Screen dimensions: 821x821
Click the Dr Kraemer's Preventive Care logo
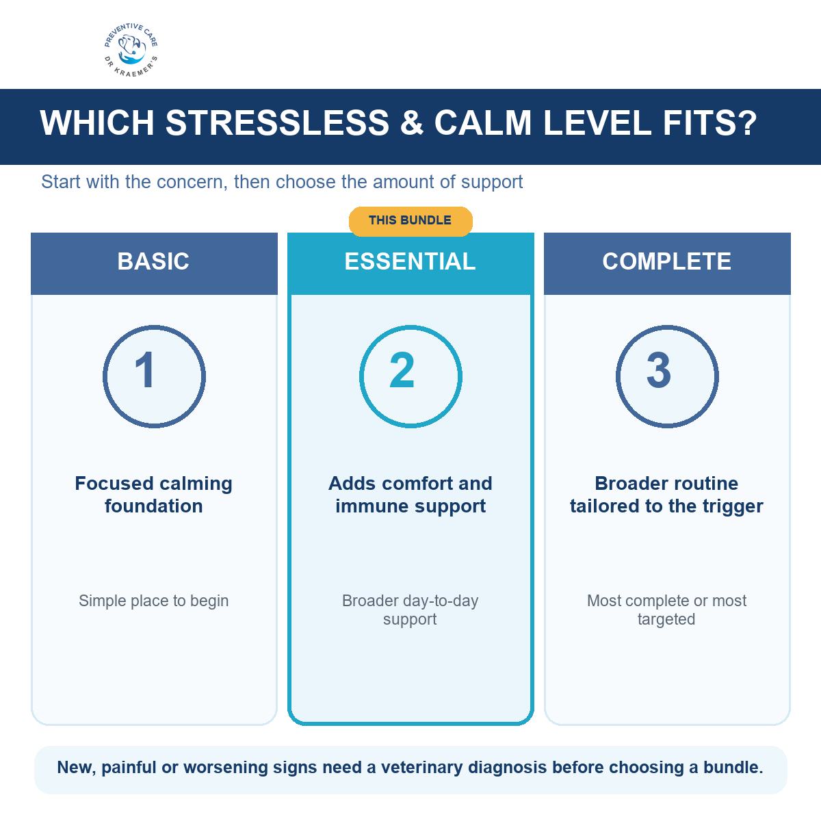click(131, 50)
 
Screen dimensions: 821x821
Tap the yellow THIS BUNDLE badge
click(410, 221)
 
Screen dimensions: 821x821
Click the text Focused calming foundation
click(154, 495)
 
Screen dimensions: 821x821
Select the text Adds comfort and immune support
click(410, 495)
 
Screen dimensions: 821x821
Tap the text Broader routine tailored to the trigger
click(667, 495)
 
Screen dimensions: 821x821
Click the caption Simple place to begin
click(154, 601)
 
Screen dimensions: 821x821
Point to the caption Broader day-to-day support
click(410, 610)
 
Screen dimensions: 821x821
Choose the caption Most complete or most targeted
click(667, 610)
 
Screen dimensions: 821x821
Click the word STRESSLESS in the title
click(277, 123)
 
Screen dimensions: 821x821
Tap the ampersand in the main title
click(412, 123)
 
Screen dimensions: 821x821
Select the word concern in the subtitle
click(192, 183)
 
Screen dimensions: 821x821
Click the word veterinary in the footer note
click(421, 768)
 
